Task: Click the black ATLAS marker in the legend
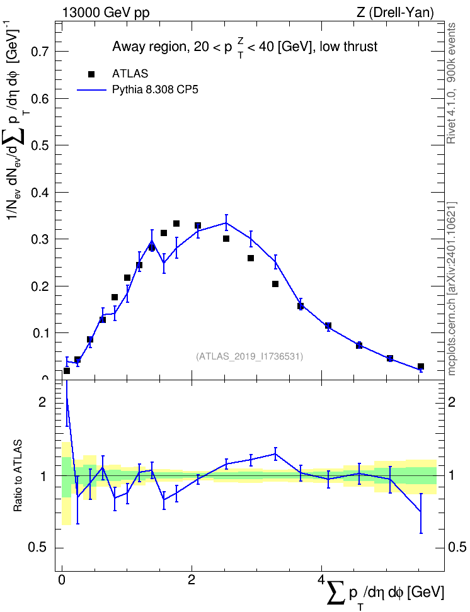click(91, 74)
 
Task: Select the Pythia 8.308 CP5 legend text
click(155, 90)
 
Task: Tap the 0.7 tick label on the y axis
click(40, 52)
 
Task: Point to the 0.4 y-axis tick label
click(40, 193)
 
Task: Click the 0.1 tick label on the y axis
click(40, 333)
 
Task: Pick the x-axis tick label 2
click(192, 579)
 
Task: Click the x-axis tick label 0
click(62, 579)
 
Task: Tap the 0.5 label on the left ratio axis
click(37, 548)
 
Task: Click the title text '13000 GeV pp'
click(106, 13)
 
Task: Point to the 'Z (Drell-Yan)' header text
click(395, 13)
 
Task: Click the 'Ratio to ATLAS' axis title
click(18, 475)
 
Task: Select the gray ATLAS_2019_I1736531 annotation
click(249, 356)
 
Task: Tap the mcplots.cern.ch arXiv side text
click(452, 288)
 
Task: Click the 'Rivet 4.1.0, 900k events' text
click(451, 84)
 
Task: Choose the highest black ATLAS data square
click(176, 224)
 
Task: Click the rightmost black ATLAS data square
click(421, 366)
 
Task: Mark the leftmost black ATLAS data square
click(67, 371)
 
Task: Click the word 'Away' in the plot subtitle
click(125, 47)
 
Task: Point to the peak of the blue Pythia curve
click(226, 223)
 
